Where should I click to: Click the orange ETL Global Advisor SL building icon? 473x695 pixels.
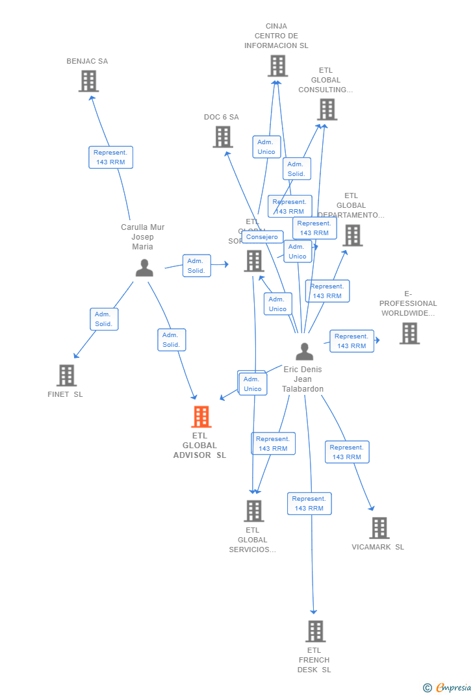click(x=201, y=417)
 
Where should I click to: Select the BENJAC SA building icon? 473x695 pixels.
click(x=88, y=81)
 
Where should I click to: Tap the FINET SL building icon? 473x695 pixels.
click(x=66, y=375)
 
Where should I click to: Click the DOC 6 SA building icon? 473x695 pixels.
click(x=223, y=137)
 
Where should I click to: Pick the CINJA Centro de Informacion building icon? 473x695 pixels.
click(x=277, y=66)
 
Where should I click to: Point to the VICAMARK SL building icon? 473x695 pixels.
click(x=379, y=528)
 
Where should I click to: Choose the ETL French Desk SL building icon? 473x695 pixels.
click(x=315, y=631)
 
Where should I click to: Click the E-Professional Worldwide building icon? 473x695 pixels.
click(x=409, y=333)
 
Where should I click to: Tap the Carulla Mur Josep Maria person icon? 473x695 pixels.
click(x=144, y=268)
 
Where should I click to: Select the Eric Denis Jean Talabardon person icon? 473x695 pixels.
click(x=304, y=351)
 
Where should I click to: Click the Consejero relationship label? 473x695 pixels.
click(x=262, y=237)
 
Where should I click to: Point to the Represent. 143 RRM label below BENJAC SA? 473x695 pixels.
click(x=110, y=157)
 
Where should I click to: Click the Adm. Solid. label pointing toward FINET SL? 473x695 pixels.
click(x=103, y=319)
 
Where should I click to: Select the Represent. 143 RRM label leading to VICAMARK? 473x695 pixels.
click(x=347, y=452)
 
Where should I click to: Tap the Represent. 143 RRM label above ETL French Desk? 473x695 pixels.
click(x=309, y=503)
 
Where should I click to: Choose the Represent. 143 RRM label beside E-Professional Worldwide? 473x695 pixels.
click(x=352, y=341)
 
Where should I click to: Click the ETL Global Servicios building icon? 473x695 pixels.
click(x=254, y=511)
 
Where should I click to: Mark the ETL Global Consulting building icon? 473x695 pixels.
click(x=327, y=110)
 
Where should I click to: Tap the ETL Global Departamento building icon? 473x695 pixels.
click(x=352, y=236)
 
